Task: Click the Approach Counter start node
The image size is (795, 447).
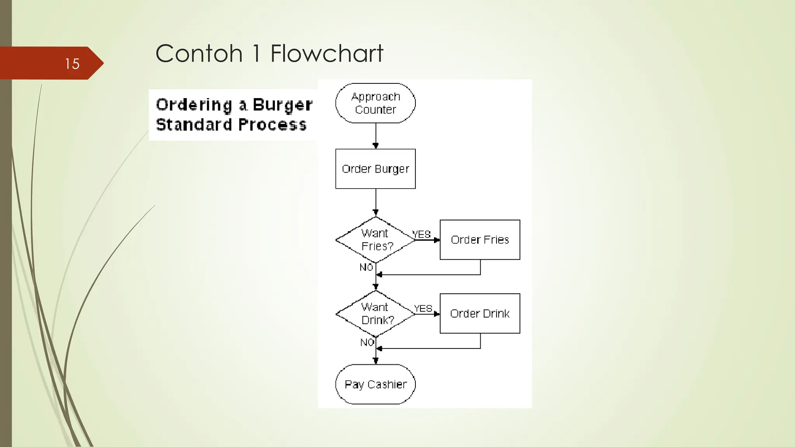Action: [375, 103]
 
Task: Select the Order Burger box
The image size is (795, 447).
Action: [375, 169]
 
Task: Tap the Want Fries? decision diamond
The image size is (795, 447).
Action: [375, 240]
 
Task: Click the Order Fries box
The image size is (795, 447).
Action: [480, 240]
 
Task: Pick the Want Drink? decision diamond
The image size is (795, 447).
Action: [375, 314]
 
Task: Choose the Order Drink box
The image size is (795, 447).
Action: [480, 314]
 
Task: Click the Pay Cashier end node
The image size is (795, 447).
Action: [375, 384]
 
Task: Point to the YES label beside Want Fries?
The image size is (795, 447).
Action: [422, 234]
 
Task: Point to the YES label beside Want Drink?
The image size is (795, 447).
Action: [423, 308]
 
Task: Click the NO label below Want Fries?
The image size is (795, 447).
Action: [366, 267]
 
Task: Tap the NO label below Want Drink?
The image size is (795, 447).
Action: [367, 342]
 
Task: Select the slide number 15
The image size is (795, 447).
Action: [72, 64]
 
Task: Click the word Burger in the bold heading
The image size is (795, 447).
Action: [283, 105]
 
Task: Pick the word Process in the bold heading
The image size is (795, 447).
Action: [272, 125]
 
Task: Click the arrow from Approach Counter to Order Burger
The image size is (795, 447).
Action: [375, 136]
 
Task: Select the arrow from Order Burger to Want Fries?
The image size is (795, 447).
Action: [375, 203]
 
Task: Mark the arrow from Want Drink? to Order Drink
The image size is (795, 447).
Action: [427, 314]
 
